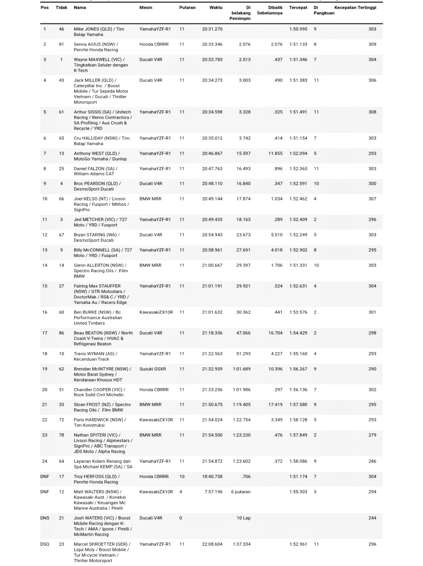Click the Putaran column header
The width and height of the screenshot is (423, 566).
[x=187, y=8]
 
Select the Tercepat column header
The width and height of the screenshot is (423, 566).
[x=298, y=8]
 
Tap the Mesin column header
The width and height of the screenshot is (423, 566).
[x=146, y=8]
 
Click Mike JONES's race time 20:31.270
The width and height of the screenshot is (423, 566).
[x=212, y=29]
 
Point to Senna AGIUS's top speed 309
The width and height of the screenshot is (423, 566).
[x=372, y=44]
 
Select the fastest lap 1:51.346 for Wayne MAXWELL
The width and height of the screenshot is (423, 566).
[x=298, y=60]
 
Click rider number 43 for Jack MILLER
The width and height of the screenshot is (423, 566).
[x=61, y=80]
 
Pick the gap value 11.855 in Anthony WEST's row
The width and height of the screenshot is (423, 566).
[x=275, y=153]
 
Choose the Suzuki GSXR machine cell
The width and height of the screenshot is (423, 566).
[x=152, y=369]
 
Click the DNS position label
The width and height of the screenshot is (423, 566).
[x=44, y=518]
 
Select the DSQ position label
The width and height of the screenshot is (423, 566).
[x=44, y=544]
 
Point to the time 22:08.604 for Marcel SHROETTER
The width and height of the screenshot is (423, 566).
[x=212, y=544]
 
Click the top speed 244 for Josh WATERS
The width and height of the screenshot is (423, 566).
[x=372, y=518]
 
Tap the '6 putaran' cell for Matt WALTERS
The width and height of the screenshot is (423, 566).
[x=241, y=492]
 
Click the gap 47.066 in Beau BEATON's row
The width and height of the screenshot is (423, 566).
[x=243, y=333]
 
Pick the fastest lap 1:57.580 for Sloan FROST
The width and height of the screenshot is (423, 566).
[x=298, y=405]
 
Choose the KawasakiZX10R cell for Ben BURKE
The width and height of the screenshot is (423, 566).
[x=156, y=312]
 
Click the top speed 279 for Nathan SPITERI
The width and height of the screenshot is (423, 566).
[x=372, y=435]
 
